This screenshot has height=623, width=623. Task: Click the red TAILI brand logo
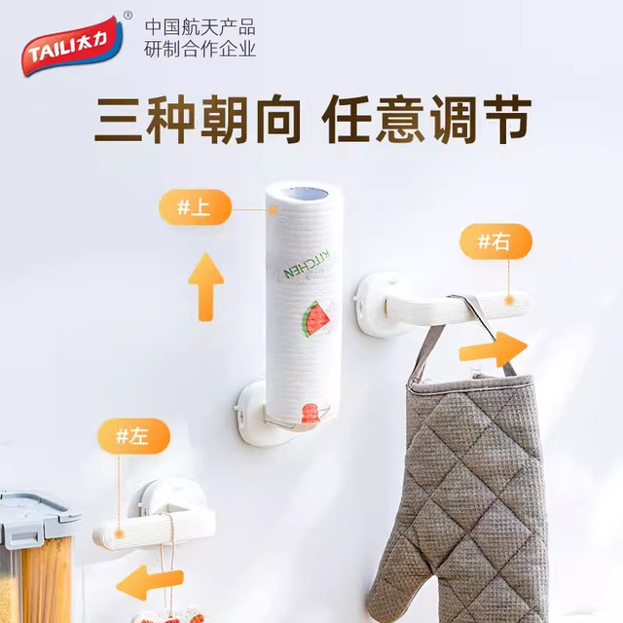tap(71, 46)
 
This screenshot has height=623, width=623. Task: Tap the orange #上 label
tap(195, 207)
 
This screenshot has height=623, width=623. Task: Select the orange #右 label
tap(495, 241)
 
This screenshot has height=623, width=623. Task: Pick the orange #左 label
tap(134, 436)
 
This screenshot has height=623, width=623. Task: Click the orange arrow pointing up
tap(205, 287)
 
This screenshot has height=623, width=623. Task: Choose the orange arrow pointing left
tap(150, 582)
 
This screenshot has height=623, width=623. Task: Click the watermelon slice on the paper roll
tap(316, 319)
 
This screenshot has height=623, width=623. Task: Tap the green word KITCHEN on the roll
tap(307, 264)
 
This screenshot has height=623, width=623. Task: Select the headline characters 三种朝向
tap(197, 119)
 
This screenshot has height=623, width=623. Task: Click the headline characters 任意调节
tap(426, 119)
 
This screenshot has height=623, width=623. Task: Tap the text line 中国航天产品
tap(200, 28)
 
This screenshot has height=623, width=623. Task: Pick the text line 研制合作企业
tap(200, 50)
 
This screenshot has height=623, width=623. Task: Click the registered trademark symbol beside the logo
tap(128, 16)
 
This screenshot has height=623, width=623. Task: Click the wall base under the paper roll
tap(254, 413)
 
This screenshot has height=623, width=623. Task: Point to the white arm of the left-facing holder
tap(154, 528)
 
